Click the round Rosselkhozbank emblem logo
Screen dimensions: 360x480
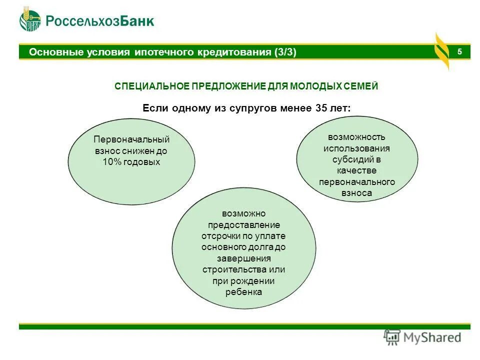click(x=30, y=20)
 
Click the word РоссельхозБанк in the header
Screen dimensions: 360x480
click(x=100, y=21)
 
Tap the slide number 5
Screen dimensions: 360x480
click(x=459, y=52)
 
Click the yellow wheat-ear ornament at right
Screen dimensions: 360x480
click(x=441, y=51)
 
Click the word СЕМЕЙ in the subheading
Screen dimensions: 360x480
click(x=363, y=86)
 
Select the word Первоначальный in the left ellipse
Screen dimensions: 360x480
click(x=131, y=139)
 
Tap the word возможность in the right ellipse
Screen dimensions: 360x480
click(x=356, y=137)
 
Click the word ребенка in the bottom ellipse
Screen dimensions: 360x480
click(x=243, y=292)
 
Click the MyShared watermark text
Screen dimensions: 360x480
click(x=432, y=337)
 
